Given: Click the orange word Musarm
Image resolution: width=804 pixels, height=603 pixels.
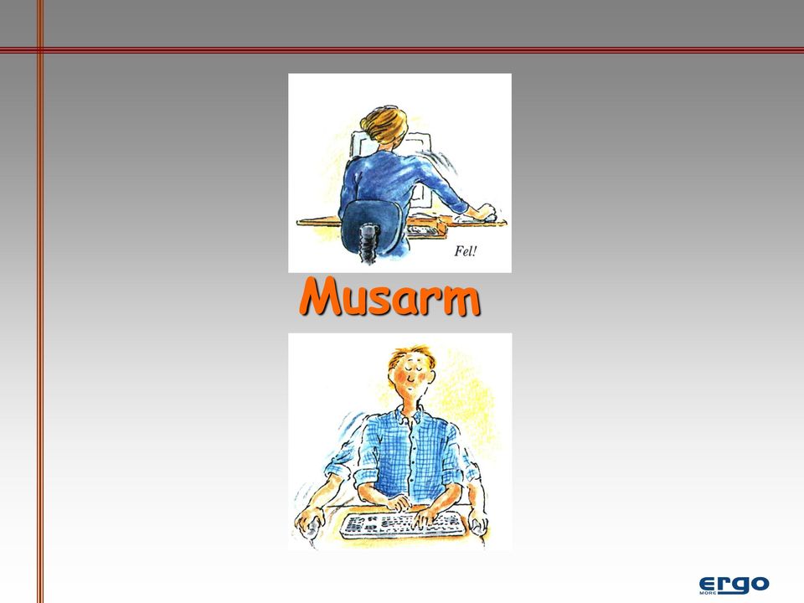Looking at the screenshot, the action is click(x=389, y=296).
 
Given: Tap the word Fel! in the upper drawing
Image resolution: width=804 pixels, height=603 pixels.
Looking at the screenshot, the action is click(x=466, y=251).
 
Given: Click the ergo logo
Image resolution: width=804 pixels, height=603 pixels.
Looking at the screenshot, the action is click(x=734, y=585).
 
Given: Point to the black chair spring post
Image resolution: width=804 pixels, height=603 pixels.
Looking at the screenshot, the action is click(x=368, y=243).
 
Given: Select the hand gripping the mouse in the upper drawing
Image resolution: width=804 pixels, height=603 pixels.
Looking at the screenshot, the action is click(x=484, y=211).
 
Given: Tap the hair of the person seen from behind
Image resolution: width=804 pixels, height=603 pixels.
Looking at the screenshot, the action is click(x=384, y=126).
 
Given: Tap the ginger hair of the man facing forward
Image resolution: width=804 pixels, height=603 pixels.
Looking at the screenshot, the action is click(x=410, y=355).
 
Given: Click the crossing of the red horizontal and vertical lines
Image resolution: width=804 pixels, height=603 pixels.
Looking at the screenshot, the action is click(x=40, y=49).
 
